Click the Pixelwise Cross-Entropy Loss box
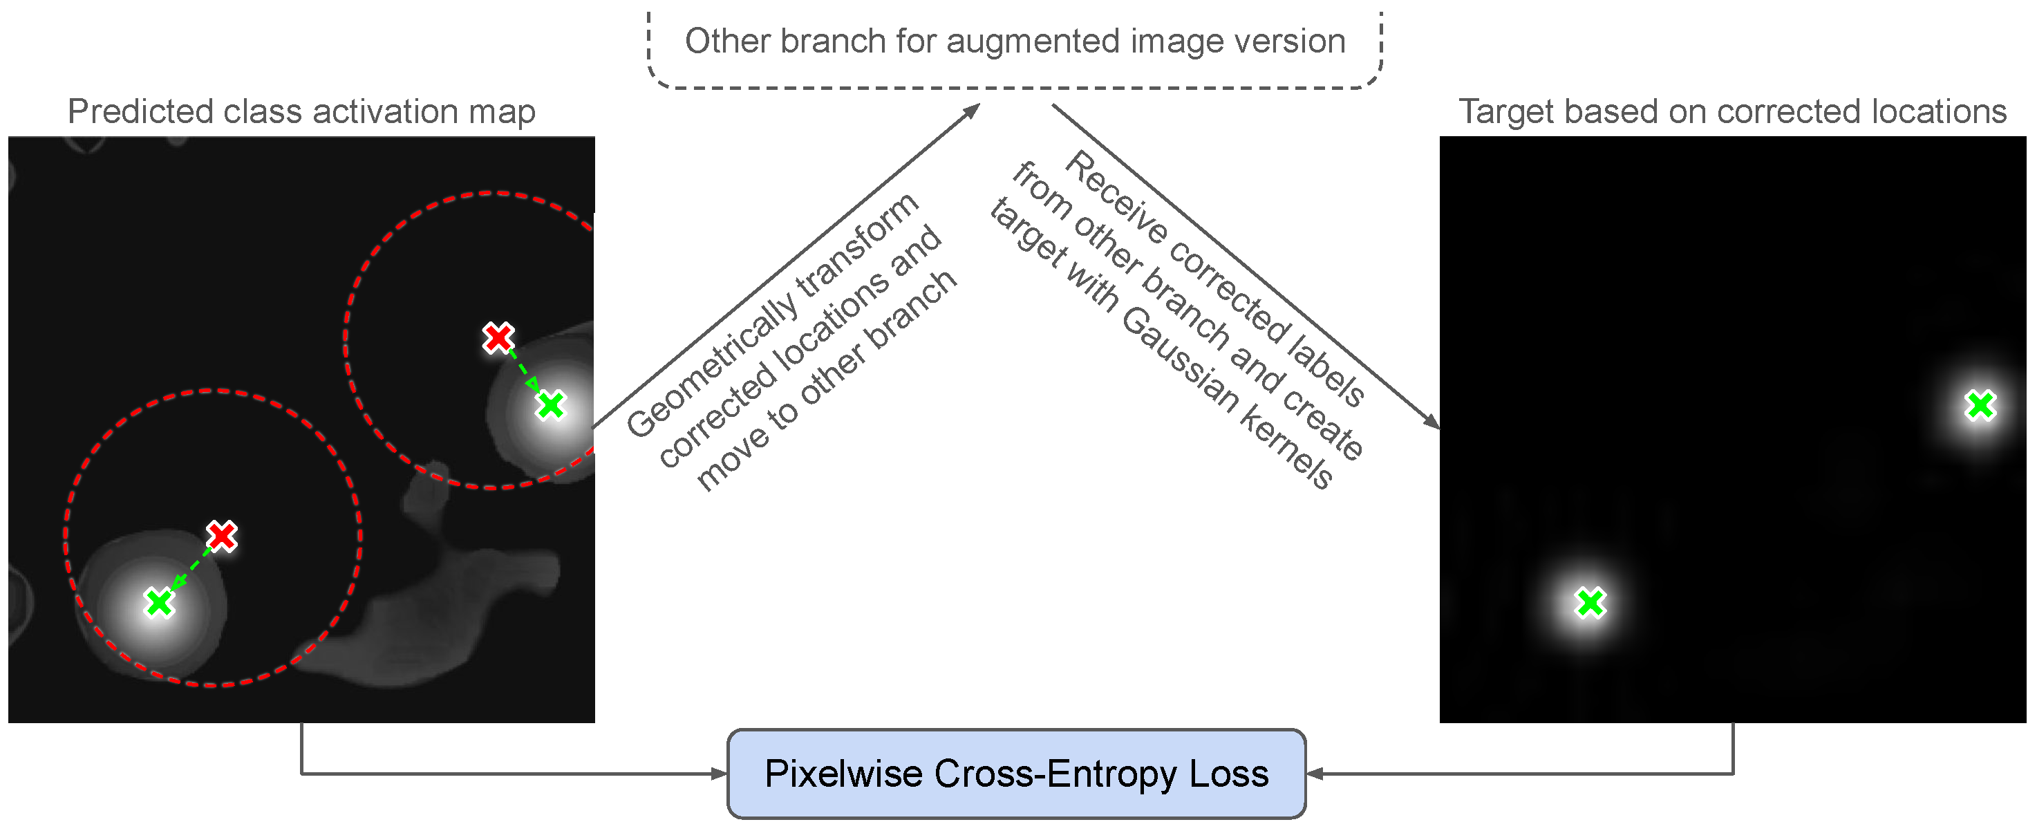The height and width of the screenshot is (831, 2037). [x=1015, y=774]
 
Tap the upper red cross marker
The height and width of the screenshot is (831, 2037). [x=498, y=337]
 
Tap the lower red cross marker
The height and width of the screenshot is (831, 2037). [x=221, y=536]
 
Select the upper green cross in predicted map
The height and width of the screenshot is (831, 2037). [x=550, y=405]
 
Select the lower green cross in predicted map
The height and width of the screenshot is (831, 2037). [x=159, y=602]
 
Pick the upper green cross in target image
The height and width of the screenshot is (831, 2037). [x=1980, y=406]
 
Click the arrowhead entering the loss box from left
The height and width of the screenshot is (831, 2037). [x=720, y=774]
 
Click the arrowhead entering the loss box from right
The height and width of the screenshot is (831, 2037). [x=1314, y=774]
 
